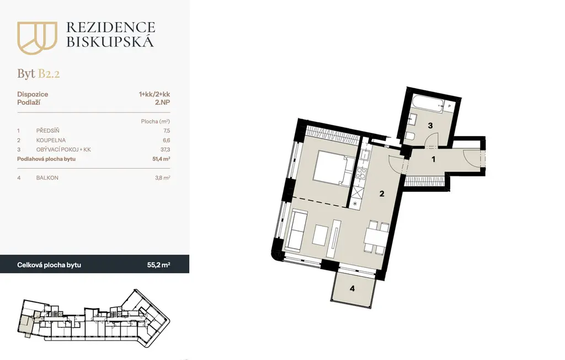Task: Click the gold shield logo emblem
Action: point(37,38)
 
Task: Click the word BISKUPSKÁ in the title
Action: point(110,42)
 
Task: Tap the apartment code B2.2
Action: point(49,74)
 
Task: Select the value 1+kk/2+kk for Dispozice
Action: point(154,94)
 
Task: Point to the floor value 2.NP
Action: point(163,102)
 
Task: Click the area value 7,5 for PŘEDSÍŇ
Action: point(166,131)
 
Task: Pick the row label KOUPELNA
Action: point(51,140)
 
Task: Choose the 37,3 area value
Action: point(166,149)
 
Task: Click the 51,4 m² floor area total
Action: point(161,159)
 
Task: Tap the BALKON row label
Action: point(47,178)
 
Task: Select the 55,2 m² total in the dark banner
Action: point(158,265)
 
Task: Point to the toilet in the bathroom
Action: point(410,136)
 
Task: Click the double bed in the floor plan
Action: point(332,169)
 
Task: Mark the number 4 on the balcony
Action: point(353,288)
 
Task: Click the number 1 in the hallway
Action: point(434,159)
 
